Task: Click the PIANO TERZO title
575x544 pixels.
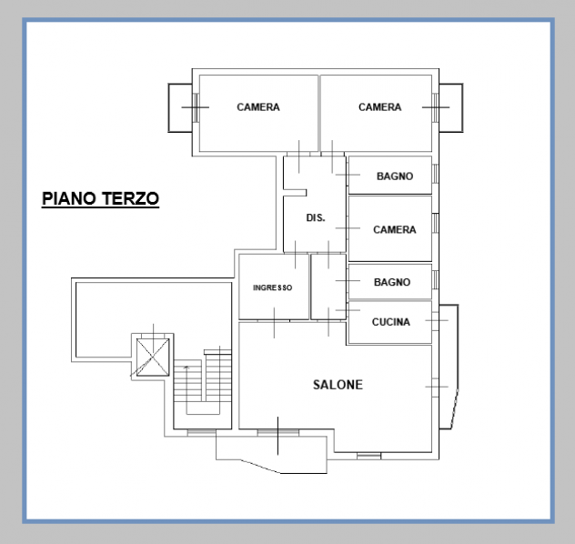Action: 100,198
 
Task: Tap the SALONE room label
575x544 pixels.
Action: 338,385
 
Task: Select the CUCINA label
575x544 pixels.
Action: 391,322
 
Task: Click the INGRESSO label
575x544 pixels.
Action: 272,287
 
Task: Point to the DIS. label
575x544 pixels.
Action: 316,217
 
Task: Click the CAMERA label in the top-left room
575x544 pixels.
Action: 258,107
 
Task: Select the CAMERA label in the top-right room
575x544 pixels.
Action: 380,107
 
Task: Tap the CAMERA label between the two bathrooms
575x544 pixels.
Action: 395,229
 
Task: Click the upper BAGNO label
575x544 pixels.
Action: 395,176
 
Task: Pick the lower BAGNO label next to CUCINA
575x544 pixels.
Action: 392,282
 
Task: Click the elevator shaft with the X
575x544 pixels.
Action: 153,357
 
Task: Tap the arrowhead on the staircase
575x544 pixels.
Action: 187,367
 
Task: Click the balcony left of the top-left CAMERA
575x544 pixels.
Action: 180,107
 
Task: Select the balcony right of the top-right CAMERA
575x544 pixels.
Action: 451,107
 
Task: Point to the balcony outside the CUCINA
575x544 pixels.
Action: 449,367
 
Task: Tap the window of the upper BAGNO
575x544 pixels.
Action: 435,174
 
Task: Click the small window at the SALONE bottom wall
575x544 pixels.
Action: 368,456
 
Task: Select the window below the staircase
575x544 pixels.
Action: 202,432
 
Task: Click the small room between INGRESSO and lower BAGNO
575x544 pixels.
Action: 328,287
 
